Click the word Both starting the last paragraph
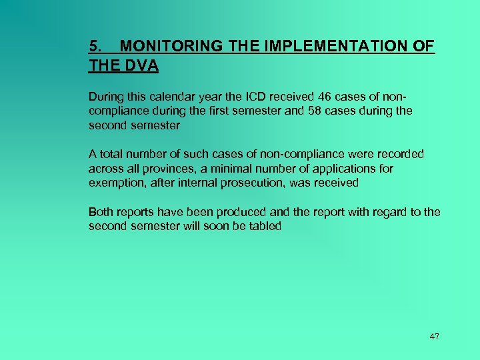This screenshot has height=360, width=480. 101,212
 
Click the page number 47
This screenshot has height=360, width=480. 435,336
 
